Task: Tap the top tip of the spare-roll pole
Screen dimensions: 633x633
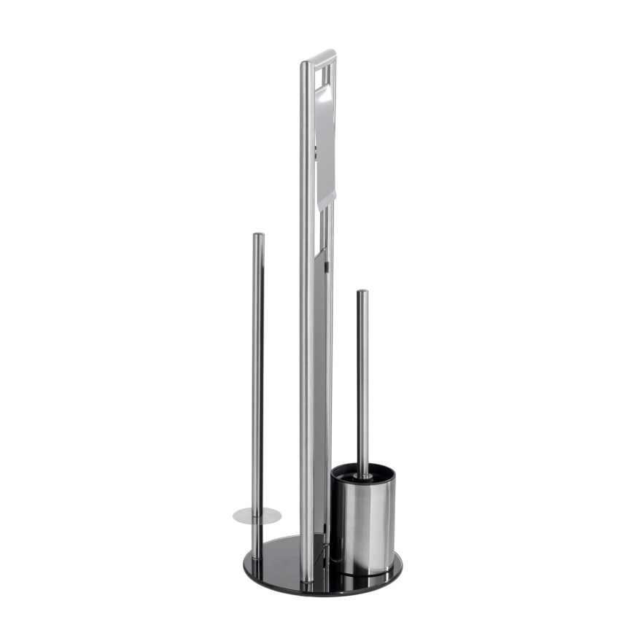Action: click(258, 236)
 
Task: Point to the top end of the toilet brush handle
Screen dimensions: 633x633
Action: click(362, 292)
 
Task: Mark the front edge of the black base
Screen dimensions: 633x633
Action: click(321, 591)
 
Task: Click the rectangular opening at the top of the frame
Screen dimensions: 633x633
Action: click(326, 77)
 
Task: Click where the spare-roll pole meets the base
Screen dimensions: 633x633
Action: click(257, 556)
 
